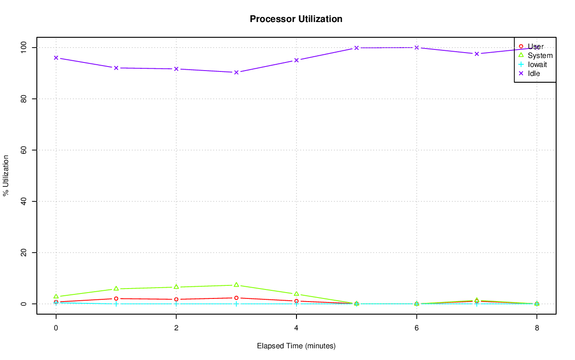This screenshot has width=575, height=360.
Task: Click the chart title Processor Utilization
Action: [296, 19]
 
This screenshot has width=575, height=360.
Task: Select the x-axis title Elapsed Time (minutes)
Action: [296, 346]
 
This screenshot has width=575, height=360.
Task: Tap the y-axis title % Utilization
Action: [6, 176]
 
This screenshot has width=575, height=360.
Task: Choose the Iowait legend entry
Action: [537, 64]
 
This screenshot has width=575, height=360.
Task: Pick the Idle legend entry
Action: [534, 73]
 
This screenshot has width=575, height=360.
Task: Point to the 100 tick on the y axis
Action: [24, 47]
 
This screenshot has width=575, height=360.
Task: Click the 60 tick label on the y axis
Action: [24, 150]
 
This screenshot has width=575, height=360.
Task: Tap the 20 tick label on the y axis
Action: [24, 253]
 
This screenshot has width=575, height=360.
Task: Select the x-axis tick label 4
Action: [296, 328]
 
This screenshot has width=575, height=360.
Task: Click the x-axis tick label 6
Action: [416, 328]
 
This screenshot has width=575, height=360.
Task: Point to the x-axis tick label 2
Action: [176, 328]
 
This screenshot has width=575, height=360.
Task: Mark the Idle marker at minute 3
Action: [236, 72]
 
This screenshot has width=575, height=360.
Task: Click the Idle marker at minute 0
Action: [56, 58]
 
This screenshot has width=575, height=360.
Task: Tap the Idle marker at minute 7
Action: [477, 54]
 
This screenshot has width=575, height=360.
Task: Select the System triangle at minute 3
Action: [236, 285]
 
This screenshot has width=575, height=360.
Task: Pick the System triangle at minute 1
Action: [116, 289]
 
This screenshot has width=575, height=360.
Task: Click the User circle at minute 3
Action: [236, 298]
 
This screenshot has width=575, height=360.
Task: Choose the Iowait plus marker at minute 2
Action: [176, 304]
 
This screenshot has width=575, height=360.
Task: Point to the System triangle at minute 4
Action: [296, 294]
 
